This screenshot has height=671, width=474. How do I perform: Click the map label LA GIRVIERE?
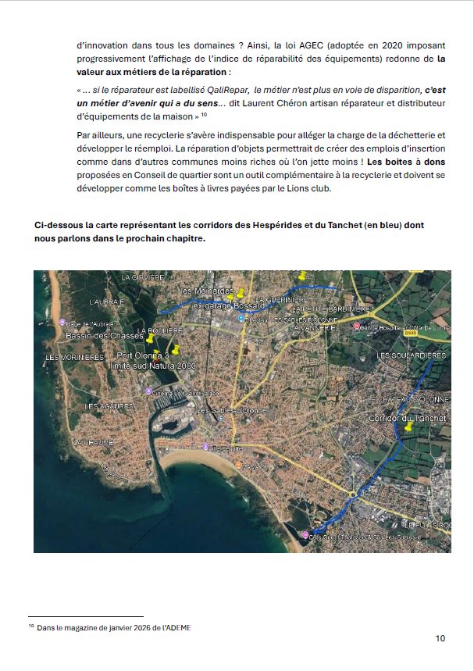click(x=142, y=277)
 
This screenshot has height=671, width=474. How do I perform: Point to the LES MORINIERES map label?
click(x=75, y=357)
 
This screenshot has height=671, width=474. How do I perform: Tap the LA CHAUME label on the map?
click(x=94, y=442)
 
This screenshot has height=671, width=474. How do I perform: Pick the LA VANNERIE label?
click(x=312, y=328)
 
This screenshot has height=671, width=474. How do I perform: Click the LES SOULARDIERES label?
click(x=412, y=355)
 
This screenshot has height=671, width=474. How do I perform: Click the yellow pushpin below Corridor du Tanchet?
click(x=408, y=429)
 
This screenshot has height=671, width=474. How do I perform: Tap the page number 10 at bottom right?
click(x=440, y=638)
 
